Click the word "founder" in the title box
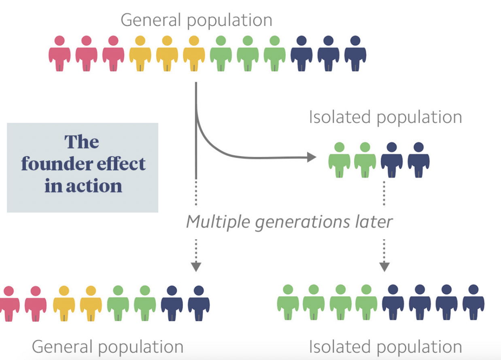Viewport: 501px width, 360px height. click(x=57, y=163)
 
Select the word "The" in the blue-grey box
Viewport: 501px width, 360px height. click(x=82, y=142)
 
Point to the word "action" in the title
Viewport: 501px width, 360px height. click(x=94, y=186)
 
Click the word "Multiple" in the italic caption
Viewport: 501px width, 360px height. click(x=218, y=222)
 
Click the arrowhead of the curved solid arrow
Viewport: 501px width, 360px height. click(x=312, y=157)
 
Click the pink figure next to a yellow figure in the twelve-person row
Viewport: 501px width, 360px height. click(x=113, y=53)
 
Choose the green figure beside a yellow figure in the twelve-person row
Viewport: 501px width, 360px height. click(x=221, y=53)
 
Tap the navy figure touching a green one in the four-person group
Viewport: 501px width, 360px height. click(x=392, y=160)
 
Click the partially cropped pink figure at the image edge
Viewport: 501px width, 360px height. click(x=9, y=304)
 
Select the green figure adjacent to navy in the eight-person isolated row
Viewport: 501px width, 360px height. click(x=366, y=302)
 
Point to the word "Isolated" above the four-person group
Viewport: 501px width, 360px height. click(x=340, y=117)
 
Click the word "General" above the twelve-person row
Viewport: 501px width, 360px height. click(x=151, y=20)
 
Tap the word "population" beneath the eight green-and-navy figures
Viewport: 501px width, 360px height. click(x=420, y=348)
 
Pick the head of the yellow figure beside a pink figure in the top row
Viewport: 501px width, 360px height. click(x=140, y=41)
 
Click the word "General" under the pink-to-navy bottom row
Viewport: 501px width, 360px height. click(x=62, y=347)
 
